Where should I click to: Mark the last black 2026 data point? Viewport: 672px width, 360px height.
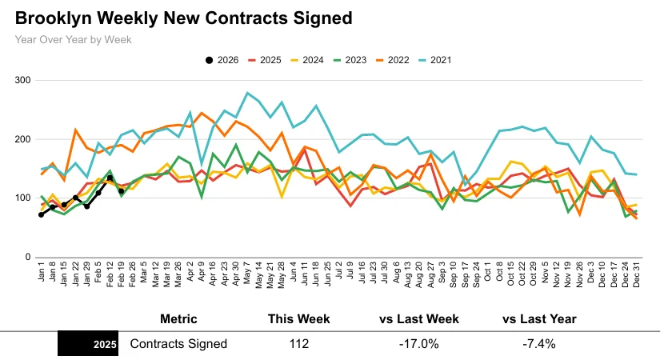tap(121, 191)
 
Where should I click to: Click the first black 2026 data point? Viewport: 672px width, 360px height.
tap(42, 214)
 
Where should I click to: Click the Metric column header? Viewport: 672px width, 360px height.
tap(178, 319)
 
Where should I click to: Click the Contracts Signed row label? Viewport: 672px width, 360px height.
tap(178, 344)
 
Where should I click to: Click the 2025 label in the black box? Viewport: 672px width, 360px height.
tap(105, 345)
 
